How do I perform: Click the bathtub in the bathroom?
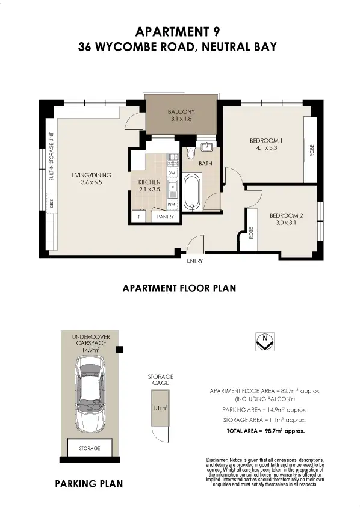click(x=193, y=193)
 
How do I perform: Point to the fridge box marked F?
click(x=140, y=216)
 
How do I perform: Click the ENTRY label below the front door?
click(x=195, y=261)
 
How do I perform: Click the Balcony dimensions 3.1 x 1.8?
click(x=179, y=119)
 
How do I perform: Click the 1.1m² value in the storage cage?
click(x=158, y=407)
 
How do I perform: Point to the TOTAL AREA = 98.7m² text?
click(x=265, y=431)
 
